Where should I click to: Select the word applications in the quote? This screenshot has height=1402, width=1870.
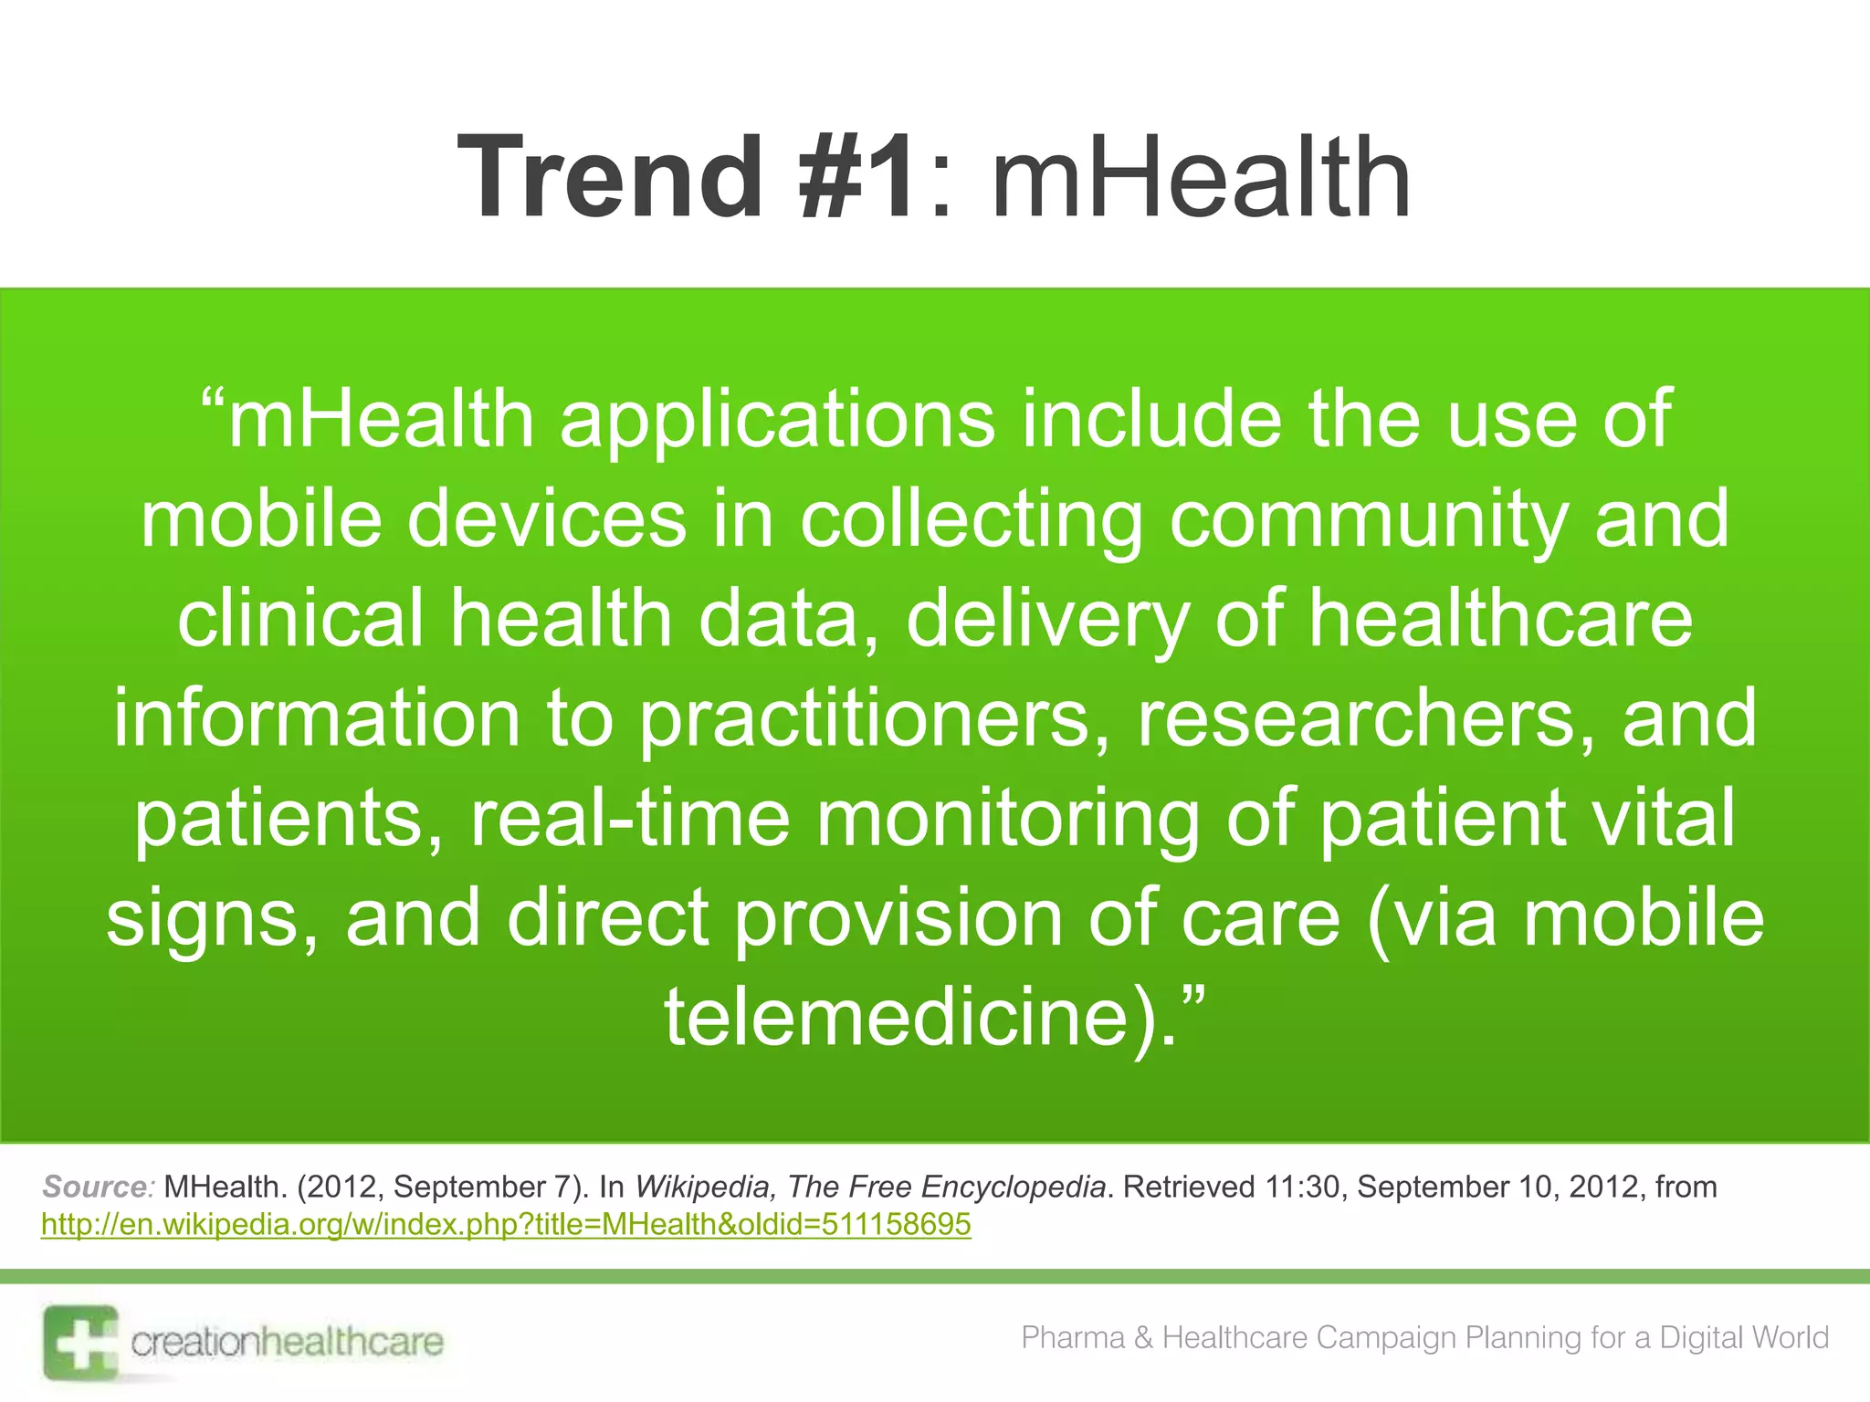point(777,419)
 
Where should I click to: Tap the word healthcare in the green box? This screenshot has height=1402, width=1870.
point(1501,618)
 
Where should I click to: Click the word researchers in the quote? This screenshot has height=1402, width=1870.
point(1366,718)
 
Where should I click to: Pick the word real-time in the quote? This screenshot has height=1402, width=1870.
point(629,818)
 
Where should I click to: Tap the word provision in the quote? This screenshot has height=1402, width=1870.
point(898,917)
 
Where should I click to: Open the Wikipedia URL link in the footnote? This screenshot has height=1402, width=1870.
point(506,1224)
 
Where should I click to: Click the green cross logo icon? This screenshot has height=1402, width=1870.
point(80,1342)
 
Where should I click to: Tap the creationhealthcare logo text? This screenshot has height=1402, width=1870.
point(287,1342)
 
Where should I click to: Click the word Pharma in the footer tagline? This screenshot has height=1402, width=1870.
point(1072,1337)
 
